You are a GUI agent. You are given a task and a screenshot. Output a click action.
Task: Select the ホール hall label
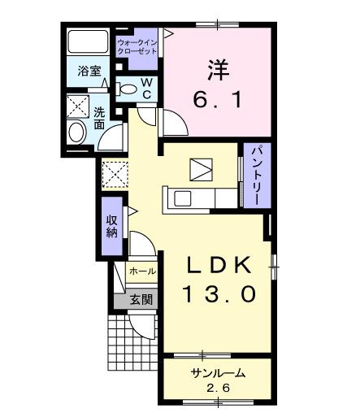[x=142, y=271]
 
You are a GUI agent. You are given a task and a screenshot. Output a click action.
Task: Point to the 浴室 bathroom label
[x=89, y=72]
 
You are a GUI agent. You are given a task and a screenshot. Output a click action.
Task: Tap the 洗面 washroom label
[x=98, y=118]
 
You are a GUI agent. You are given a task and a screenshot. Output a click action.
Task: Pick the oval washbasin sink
[x=78, y=132]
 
